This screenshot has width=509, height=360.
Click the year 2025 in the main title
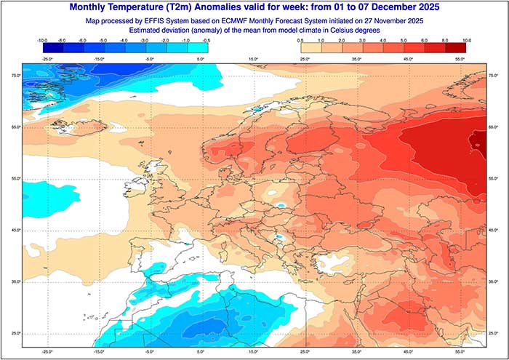422,7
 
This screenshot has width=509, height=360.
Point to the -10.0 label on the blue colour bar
42,41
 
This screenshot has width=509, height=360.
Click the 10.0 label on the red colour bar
466,41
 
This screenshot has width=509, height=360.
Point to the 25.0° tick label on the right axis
493,333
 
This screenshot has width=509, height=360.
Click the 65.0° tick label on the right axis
493,127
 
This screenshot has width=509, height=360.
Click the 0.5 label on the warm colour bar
300,41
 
